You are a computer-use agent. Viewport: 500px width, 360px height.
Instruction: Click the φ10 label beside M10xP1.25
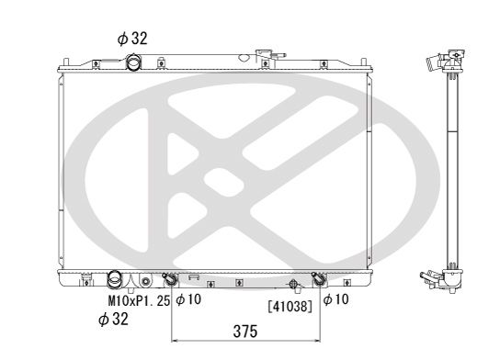pos(188,298)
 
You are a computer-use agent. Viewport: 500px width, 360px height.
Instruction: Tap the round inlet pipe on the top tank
pos(136,63)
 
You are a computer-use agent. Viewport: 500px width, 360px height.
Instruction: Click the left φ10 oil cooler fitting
pos(170,280)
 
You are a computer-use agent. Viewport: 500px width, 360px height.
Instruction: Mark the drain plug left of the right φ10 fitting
pos(293,283)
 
